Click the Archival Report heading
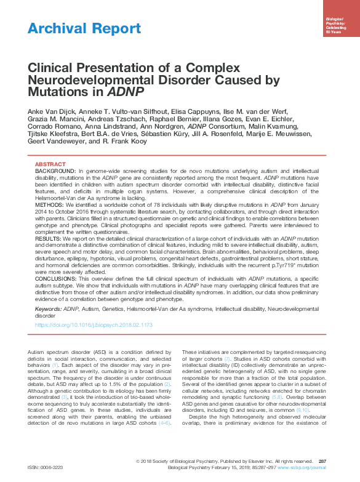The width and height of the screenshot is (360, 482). point(84,28)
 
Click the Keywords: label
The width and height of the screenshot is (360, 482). point(48,307)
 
